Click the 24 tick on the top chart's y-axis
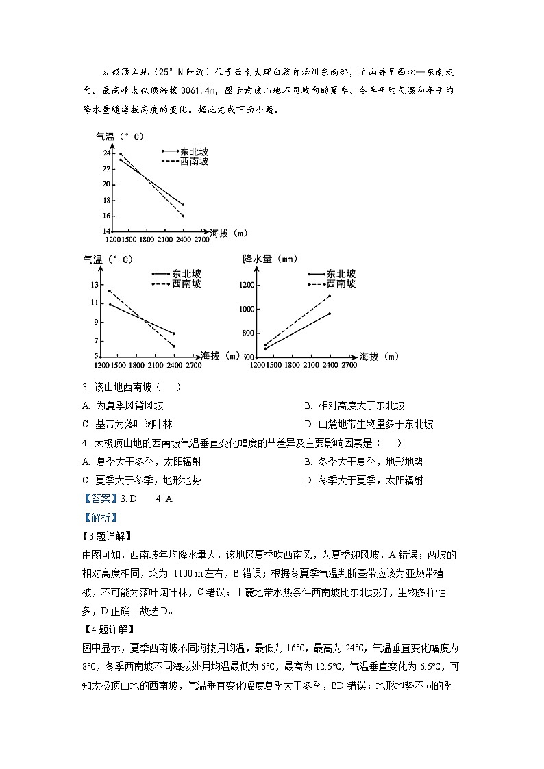pyautogui.click(x=106, y=152)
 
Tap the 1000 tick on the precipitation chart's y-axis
pyautogui.click(x=247, y=309)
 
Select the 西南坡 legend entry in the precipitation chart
pyautogui.click(x=341, y=283)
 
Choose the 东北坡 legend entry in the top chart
pyautogui.click(x=194, y=151)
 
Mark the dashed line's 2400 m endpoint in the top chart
pyautogui.click(x=183, y=216)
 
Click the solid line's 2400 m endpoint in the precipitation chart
pyautogui.click(x=330, y=314)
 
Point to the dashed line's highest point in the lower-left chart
pyautogui.click(x=109, y=290)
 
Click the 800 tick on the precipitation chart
pyautogui.click(x=249, y=333)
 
